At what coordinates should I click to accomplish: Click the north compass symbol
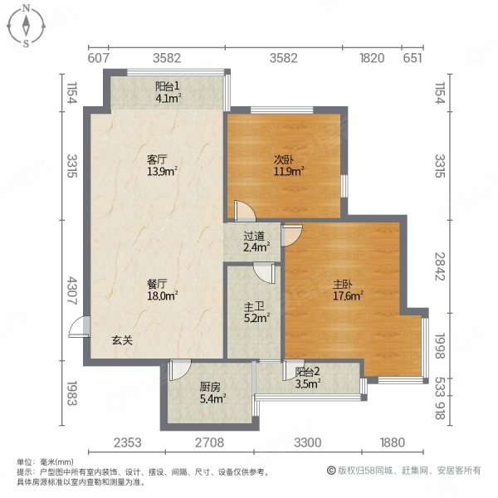click(27, 25)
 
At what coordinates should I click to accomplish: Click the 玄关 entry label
click(123, 340)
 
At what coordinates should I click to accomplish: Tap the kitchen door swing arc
click(180, 369)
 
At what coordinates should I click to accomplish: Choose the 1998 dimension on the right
click(440, 342)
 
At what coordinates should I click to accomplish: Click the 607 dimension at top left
click(99, 58)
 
